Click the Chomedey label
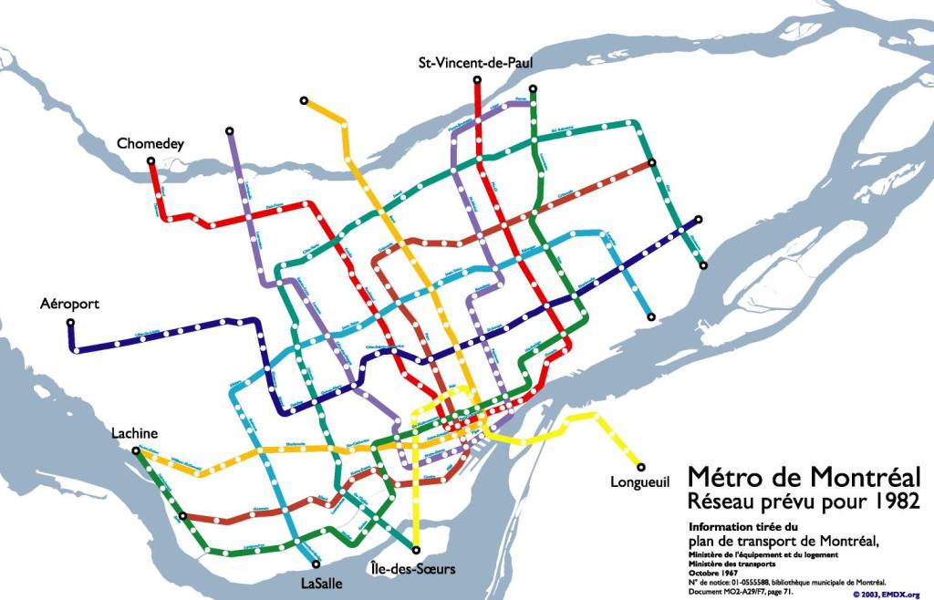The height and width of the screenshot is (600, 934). pyautogui.click(x=150, y=144)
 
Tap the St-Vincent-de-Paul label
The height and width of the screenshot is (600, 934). pyautogui.click(x=474, y=63)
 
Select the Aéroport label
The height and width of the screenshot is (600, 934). pyautogui.click(x=69, y=304)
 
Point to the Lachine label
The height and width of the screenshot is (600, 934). pyautogui.click(x=135, y=433)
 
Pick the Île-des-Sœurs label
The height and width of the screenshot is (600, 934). pyautogui.click(x=413, y=569)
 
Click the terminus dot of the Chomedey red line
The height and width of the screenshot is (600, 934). pyautogui.click(x=151, y=162)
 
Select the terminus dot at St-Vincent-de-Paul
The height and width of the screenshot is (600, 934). pyautogui.click(x=477, y=81)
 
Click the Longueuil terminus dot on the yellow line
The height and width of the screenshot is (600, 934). pyautogui.click(x=641, y=466)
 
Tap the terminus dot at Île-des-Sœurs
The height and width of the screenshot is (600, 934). pyautogui.click(x=417, y=550)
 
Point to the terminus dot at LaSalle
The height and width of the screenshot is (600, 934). pyautogui.click(x=315, y=564)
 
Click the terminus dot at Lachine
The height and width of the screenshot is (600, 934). pyautogui.click(x=136, y=450)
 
